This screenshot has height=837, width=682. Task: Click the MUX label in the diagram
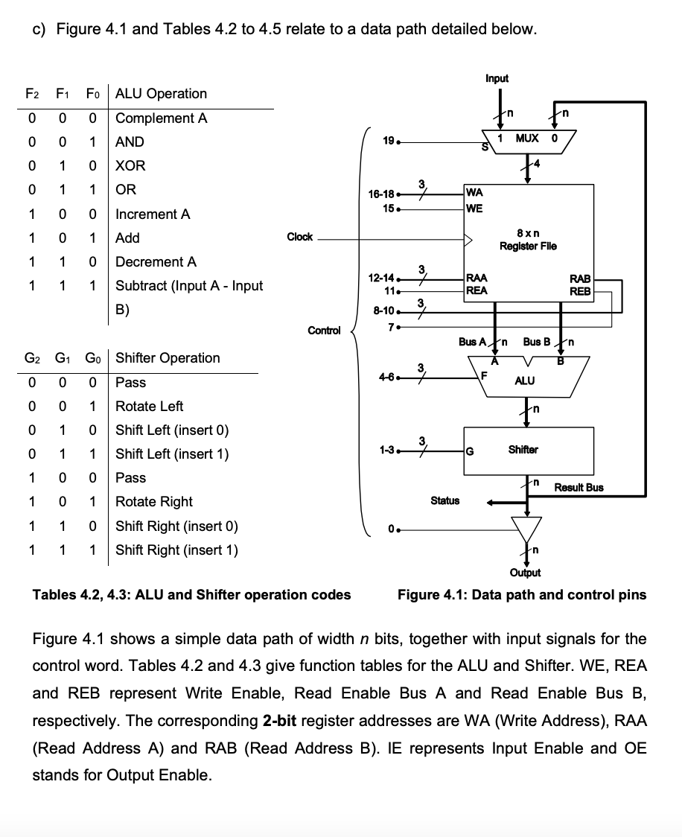[x=528, y=139]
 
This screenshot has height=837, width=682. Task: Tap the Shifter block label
[x=523, y=449]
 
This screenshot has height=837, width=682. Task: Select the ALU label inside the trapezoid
[x=524, y=381]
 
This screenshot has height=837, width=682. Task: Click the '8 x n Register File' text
[x=528, y=240]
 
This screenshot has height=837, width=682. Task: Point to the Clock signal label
[x=300, y=237]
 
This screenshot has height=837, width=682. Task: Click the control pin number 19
[x=388, y=139]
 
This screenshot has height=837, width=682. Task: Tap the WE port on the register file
[x=474, y=208]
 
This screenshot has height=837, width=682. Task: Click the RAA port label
[x=477, y=280]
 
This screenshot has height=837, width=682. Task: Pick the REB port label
[x=580, y=291]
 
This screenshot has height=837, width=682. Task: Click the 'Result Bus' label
[x=579, y=487]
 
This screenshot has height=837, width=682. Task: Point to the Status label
[x=444, y=500]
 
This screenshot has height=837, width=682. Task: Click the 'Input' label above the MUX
[x=497, y=78]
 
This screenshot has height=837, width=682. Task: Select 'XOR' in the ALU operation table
[x=131, y=165]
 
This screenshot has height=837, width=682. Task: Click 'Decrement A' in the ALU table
[x=156, y=261]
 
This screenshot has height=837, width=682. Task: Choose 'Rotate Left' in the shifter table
[x=150, y=406]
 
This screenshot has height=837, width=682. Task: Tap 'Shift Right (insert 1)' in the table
[x=177, y=550]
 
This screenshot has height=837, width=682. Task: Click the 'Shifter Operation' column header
[x=168, y=357]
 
